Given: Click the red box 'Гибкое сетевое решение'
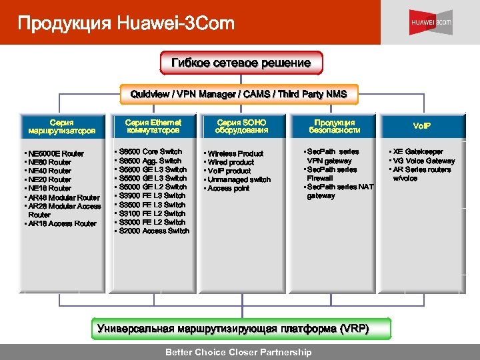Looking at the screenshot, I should [241, 63].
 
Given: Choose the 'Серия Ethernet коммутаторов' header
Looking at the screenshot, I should [153, 127].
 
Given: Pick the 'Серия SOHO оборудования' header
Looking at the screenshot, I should [241, 127].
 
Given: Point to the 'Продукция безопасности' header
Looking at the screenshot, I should [335, 127].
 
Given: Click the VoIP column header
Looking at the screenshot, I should [422, 126].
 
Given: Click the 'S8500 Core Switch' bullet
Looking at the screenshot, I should [151, 152].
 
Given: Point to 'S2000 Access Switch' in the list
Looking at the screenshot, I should [155, 231].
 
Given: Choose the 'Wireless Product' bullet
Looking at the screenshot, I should [235, 154].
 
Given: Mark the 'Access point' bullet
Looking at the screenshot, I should [228, 189].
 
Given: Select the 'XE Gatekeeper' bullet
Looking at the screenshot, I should [417, 152].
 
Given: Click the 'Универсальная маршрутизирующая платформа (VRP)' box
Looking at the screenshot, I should [233, 329].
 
